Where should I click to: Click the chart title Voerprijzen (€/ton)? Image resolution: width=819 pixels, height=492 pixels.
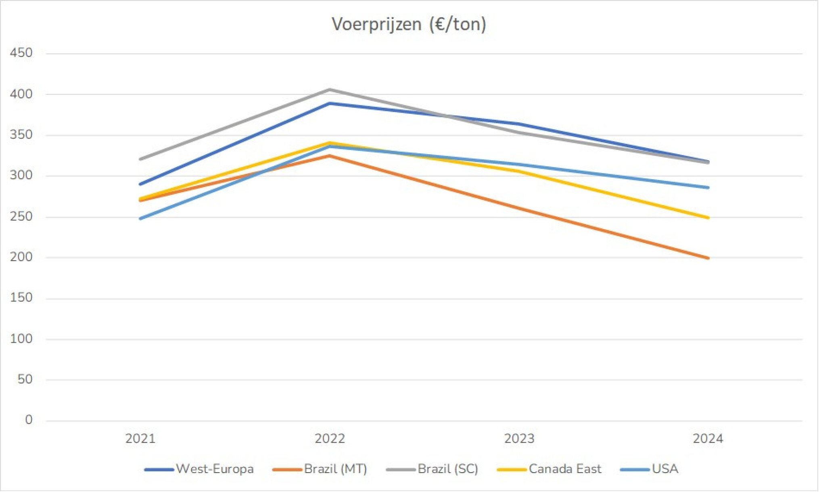(409, 24)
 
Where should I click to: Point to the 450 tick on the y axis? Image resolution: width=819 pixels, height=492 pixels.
(21, 53)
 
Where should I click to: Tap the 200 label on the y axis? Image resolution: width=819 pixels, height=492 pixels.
(21, 257)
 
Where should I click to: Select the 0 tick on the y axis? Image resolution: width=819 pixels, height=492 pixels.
(28, 420)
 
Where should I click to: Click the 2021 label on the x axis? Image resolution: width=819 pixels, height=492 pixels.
(140, 439)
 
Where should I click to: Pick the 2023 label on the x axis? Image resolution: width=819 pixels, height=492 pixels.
(519, 439)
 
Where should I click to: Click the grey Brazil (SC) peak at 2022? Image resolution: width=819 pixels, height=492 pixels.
(330, 90)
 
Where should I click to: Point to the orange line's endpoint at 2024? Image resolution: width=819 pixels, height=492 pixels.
(708, 258)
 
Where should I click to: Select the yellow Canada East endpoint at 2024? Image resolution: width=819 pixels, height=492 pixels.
(708, 218)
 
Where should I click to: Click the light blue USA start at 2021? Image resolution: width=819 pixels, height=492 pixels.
(140, 219)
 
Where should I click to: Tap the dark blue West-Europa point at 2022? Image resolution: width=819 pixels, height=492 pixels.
(330, 104)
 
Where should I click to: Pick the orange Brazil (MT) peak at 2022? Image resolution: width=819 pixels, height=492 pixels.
(330, 156)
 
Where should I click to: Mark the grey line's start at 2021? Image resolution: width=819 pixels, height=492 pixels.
(140, 159)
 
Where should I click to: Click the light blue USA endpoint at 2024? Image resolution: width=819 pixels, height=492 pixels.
(708, 188)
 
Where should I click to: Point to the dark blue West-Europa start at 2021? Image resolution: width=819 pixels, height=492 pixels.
(140, 184)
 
